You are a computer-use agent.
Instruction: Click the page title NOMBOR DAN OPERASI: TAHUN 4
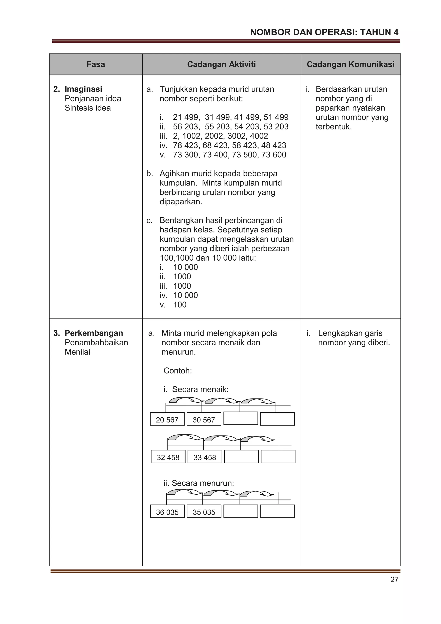pos(324,32)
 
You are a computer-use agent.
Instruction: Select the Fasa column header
pos(96,64)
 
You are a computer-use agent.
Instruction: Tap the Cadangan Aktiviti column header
pos(221,64)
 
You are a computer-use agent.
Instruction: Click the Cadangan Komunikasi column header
pos(350,64)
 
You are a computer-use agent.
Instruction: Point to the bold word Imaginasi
pos(83,89)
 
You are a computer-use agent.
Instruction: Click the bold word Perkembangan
pos(93,333)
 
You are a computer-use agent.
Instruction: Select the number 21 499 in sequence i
pos(186,117)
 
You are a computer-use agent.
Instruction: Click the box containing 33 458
pos(205,457)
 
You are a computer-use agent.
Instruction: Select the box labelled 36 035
pos(167,512)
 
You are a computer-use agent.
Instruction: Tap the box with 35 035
pos(204,512)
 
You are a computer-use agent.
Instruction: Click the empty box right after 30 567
pos(241,419)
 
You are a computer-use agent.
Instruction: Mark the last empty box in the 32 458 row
pos(278,457)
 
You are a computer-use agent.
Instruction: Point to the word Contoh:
pos(177,371)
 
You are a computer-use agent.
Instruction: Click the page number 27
pos(394,579)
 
